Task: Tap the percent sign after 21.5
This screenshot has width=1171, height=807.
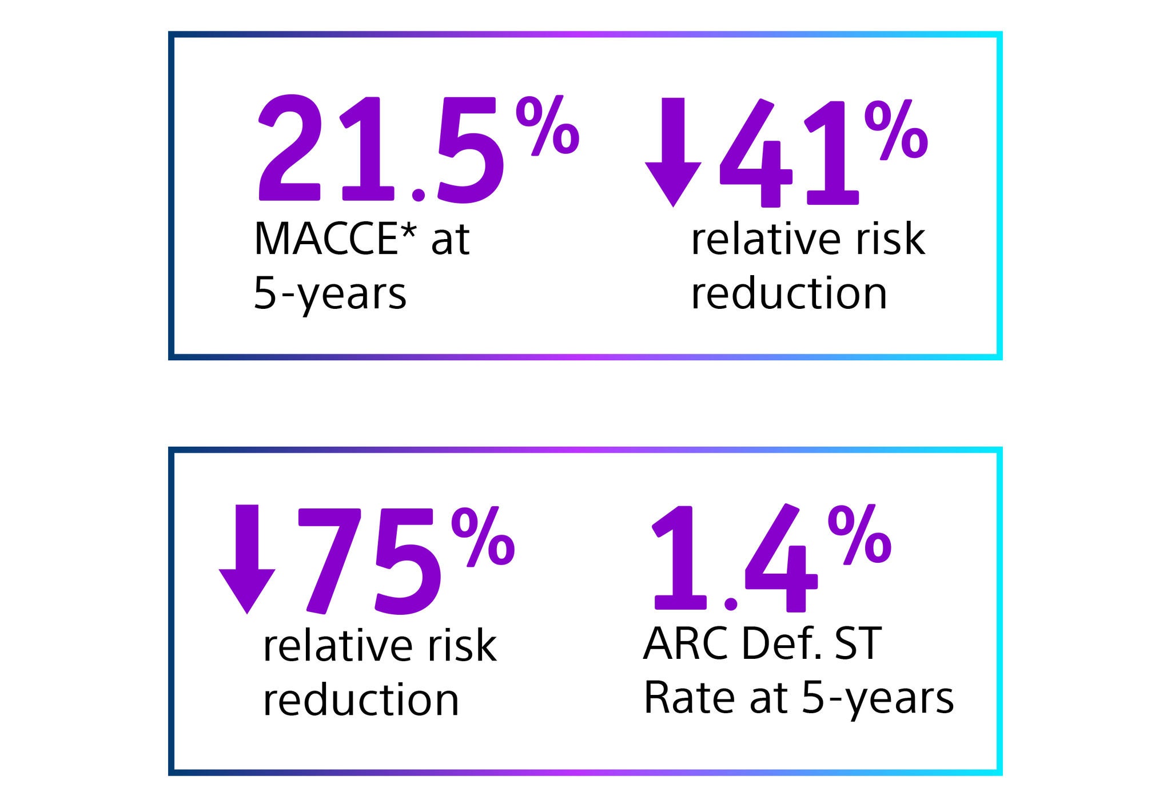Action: pyautogui.click(x=547, y=125)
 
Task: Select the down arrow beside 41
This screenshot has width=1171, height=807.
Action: pyautogui.click(x=673, y=151)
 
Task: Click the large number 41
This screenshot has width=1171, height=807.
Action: pyautogui.click(x=789, y=153)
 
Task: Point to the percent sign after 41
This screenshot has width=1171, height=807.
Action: pyautogui.click(x=895, y=129)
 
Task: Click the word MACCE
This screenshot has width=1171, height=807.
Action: pyautogui.click(x=326, y=239)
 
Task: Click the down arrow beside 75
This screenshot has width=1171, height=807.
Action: pyautogui.click(x=247, y=558)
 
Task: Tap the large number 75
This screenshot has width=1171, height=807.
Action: pyautogui.click(x=369, y=560)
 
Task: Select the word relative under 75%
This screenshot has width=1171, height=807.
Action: pyautogui.click(x=337, y=646)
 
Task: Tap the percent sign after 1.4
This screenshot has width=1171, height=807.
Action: pyautogui.click(x=859, y=535)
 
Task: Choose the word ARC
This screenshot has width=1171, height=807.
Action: pyautogui.click(x=686, y=644)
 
